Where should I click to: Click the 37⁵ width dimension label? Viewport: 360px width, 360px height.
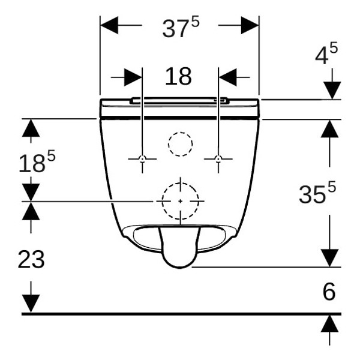(181, 28)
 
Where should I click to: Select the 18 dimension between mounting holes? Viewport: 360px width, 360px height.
(178, 76)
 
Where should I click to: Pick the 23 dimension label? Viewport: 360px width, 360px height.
(31, 259)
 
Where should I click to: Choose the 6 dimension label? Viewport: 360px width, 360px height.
(329, 292)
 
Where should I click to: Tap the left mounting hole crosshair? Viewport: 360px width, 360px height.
(142, 158)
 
